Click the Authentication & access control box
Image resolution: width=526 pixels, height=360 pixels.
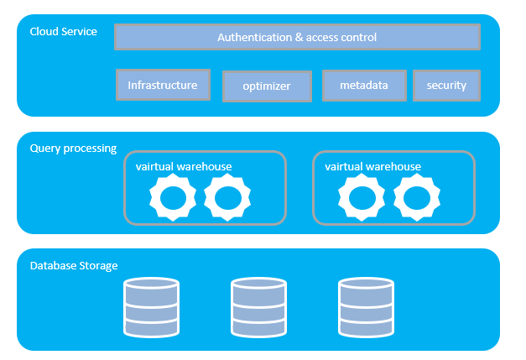(297, 37)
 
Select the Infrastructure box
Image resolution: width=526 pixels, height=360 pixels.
(163, 85)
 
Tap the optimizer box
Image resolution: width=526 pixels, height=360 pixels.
(267, 86)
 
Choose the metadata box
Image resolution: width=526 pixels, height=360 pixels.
(364, 86)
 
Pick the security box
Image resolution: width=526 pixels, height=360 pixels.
(446, 86)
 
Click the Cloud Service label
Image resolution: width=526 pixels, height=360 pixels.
(64, 32)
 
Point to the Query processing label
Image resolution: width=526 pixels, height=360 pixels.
(73, 149)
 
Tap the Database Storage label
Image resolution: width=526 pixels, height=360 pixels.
(74, 266)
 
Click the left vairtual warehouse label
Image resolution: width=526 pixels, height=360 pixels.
(184, 166)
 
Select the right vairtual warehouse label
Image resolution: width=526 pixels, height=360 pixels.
(372, 166)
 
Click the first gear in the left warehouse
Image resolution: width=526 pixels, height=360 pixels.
(173, 187)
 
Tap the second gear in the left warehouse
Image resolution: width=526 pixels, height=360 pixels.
(227, 187)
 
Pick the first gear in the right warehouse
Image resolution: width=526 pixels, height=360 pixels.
(362, 187)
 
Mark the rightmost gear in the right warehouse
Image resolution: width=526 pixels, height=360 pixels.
(417, 187)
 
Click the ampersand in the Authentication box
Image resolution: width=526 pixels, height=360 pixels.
(299, 37)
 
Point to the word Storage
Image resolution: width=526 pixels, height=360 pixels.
(98, 266)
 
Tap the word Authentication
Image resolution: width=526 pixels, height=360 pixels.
(255, 37)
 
